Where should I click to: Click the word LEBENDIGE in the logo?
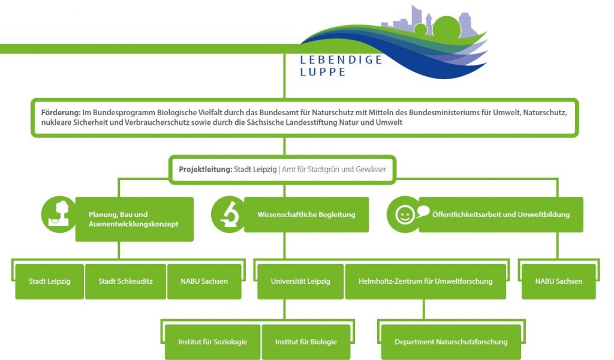coord(341,59)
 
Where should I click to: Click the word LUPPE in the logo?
coord(323,71)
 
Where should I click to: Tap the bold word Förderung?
coord(61,112)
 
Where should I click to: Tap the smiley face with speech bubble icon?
coord(408,214)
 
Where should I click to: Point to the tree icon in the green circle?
coord(59,214)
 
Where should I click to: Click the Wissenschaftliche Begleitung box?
coord(306,214)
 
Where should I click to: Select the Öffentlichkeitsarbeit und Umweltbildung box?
coord(501,214)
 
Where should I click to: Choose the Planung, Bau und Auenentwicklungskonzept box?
coord(134,219)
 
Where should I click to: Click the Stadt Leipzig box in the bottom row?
coord(49,281)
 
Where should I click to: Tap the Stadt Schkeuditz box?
coord(125,281)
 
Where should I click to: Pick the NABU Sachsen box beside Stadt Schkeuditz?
coord(204,281)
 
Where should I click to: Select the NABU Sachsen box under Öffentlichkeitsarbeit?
coord(559,281)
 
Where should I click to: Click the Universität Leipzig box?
coord(300,281)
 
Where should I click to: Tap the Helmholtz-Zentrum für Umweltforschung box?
coord(425,281)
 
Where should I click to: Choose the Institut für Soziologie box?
coord(212,342)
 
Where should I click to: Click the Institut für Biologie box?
coord(306,342)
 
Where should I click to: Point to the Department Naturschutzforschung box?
coord(451,342)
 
